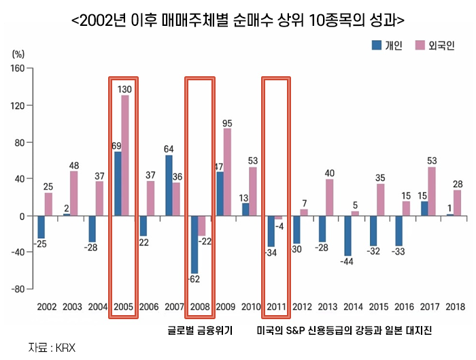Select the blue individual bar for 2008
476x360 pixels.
pyautogui.click(x=194, y=244)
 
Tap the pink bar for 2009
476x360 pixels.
pyautogui.click(x=227, y=172)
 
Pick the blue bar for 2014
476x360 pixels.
pyautogui.click(x=347, y=236)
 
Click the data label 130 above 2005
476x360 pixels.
pyautogui.click(x=125, y=89)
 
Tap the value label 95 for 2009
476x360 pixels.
pyautogui.click(x=227, y=123)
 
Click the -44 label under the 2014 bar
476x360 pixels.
pyautogui.click(x=347, y=261)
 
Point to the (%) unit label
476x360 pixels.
pyautogui.click(x=18, y=53)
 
